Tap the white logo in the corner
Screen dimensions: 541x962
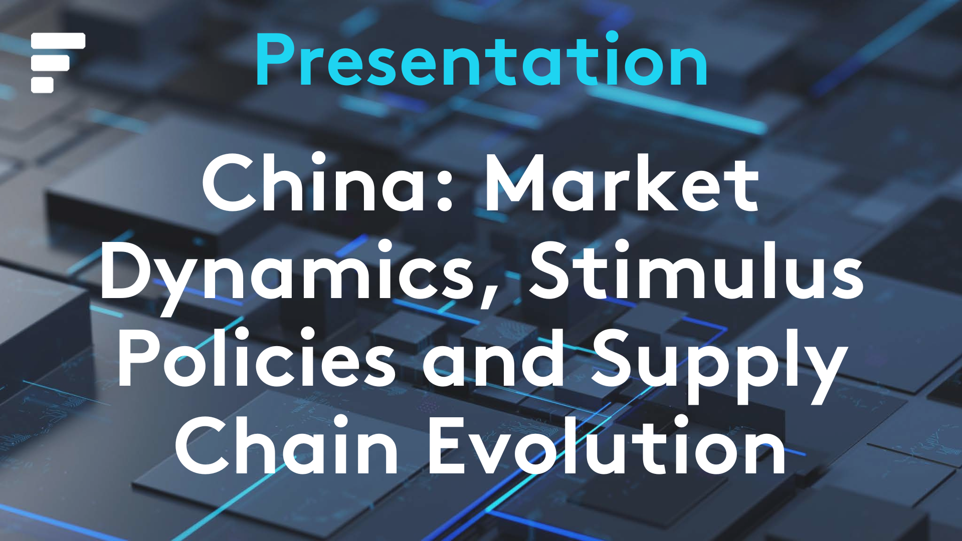58,63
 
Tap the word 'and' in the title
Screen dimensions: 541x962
494,358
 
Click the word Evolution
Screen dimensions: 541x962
607,446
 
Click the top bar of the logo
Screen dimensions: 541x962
58,41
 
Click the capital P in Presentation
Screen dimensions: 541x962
276,60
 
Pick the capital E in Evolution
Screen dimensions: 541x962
449,446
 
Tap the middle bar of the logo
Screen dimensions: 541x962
50,63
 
